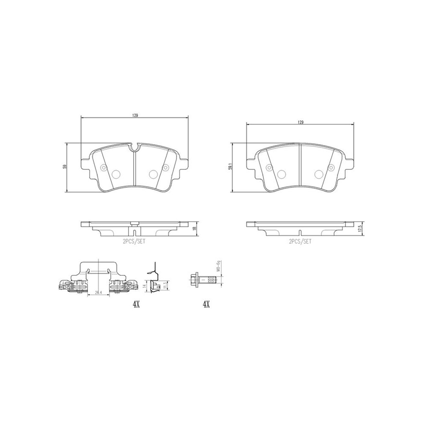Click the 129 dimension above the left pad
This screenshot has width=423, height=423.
(135, 115)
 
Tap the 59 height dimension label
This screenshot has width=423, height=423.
(65, 166)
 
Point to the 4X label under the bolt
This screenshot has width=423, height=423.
(206, 304)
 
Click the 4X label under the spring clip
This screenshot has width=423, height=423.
(136, 304)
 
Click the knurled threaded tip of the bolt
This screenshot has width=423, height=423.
(212, 279)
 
